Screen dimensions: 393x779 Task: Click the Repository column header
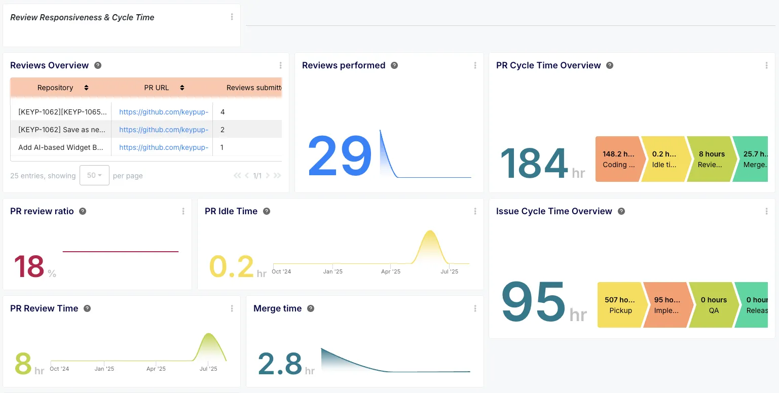click(x=56, y=88)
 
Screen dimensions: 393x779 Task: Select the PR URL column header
click(x=157, y=88)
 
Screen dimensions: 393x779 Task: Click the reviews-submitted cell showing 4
click(x=222, y=112)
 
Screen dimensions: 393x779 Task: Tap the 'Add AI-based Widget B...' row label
click(x=61, y=147)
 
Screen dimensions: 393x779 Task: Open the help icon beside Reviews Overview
click(x=98, y=65)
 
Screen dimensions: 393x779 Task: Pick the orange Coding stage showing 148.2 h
click(x=618, y=159)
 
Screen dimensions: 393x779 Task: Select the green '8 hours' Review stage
click(x=711, y=159)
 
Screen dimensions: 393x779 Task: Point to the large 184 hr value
click(x=534, y=163)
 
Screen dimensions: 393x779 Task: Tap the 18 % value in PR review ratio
click(x=29, y=266)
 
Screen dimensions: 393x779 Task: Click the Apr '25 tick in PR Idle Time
click(x=391, y=271)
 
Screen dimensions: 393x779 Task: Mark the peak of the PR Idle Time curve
click(x=430, y=231)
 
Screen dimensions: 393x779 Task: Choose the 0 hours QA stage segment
click(x=714, y=305)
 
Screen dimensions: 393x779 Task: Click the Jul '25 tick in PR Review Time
click(x=208, y=369)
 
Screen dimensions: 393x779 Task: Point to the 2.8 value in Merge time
click(x=280, y=364)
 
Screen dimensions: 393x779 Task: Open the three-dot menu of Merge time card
click(x=475, y=308)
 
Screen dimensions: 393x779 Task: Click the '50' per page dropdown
click(x=94, y=175)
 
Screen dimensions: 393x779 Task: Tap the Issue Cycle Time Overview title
click(x=554, y=211)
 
